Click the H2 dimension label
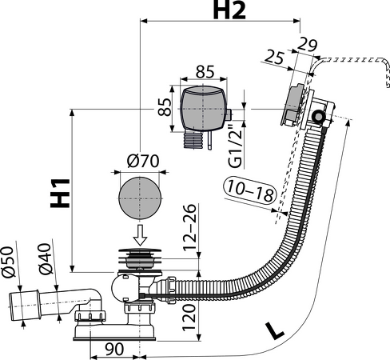[229, 11]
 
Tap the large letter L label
[274, 330]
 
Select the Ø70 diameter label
[143, 161]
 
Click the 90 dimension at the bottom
[114, 349]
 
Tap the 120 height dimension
[189, 318]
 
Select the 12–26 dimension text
[190, 227]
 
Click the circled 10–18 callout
[250, 190]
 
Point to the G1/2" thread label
[236, 146]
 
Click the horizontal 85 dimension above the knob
[205, 71]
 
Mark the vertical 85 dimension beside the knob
[165, 107]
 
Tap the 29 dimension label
[307, 45]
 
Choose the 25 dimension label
[275, 57]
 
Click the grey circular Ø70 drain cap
[140, 198]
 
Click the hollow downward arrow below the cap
[140, 235]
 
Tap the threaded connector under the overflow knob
[193, 140]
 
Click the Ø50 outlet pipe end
[25, 306]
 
